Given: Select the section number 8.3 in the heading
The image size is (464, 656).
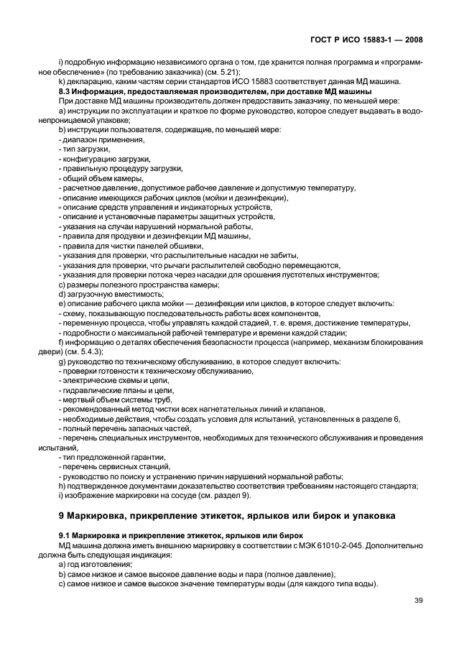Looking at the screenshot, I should pos(65,91).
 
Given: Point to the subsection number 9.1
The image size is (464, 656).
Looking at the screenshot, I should pos(65,535).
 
